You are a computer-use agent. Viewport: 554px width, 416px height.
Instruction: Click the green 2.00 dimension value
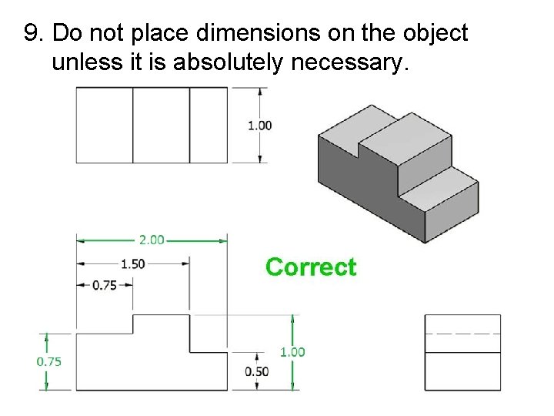[x=152, y=240]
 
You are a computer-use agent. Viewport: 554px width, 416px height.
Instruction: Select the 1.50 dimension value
[x=132, y=263]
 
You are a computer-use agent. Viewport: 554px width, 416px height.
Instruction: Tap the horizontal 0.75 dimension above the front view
[x=105, y=285]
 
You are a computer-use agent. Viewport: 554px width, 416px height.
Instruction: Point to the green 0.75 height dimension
[x=49, y=361]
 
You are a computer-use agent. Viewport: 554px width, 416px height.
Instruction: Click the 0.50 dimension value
[x=256, y=371]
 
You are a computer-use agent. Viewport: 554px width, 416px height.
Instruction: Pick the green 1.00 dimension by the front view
[x=292, y=352]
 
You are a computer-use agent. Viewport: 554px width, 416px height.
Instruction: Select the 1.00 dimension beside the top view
[x=259, y=125]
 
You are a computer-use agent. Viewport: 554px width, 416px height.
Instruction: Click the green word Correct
[x=311, y=267]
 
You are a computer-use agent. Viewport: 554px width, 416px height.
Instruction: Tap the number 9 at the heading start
[x=32, y=33]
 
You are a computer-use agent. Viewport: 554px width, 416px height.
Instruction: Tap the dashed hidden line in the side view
[x=462, y=334]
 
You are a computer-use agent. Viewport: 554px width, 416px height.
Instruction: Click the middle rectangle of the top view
[x=161, y=125]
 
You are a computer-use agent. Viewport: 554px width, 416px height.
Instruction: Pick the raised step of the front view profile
[x=162, y=324]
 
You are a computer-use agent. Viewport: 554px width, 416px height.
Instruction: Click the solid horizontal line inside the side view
[x=462, y=352]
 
